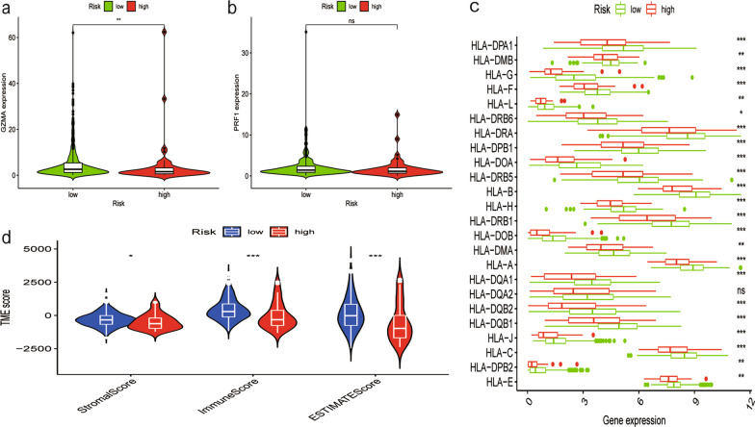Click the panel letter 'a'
pyautogui.click(x=7, y=9)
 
